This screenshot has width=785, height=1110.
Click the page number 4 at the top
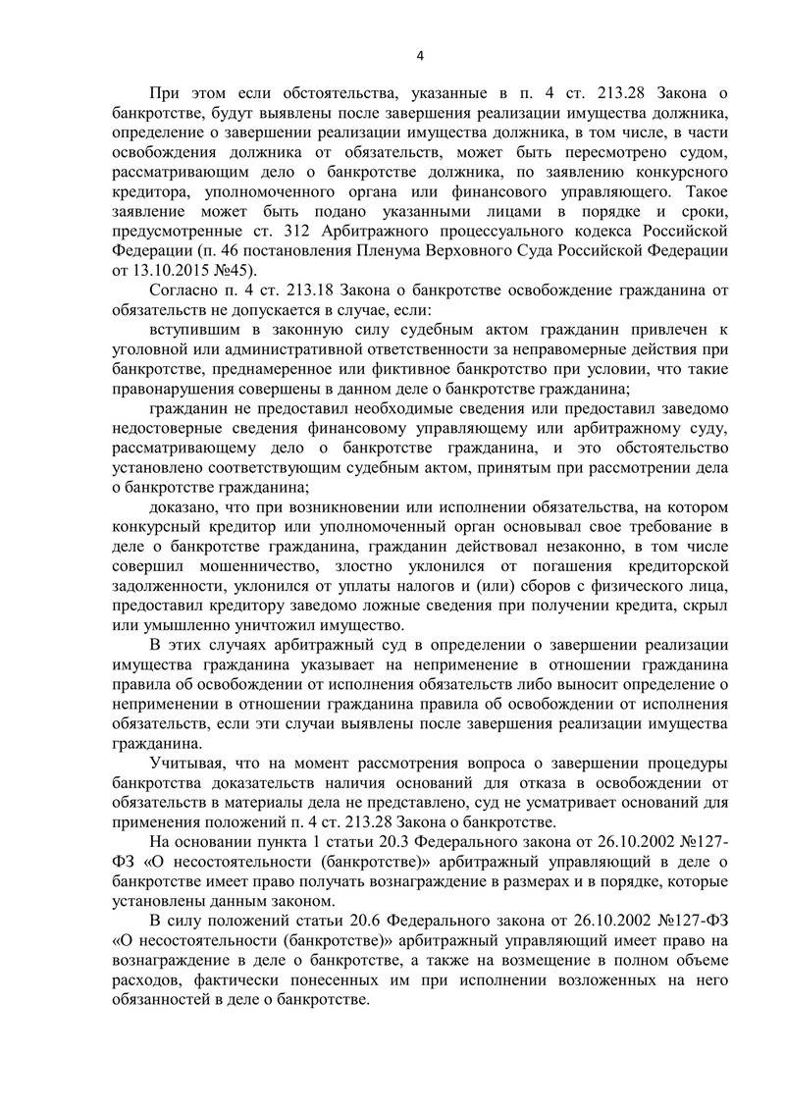[419, 55]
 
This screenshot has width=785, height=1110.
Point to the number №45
[235, 269]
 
